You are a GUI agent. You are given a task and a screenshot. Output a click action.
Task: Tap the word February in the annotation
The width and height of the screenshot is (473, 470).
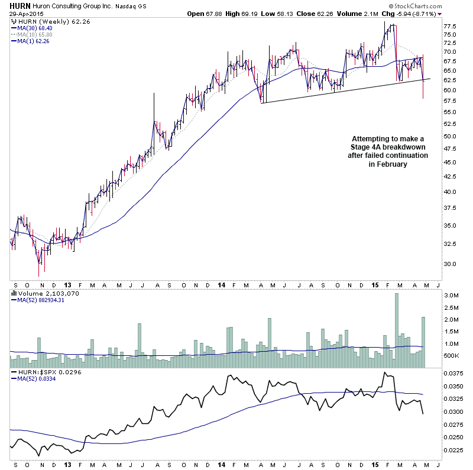click(x=385, y=165)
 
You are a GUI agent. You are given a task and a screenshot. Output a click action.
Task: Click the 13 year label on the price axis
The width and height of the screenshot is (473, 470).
click(x=69, y=284)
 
